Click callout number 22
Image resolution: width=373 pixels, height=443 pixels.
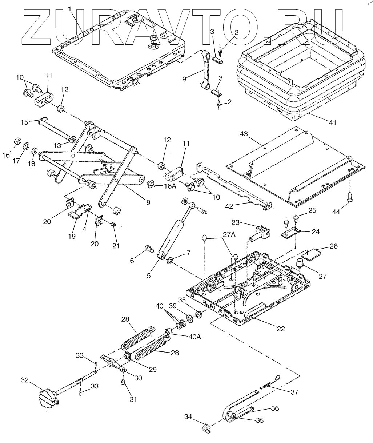click(x=280, y=329)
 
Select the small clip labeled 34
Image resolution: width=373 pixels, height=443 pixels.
click(x=206, y=429)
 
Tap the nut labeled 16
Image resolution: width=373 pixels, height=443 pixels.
click(x=17, y=141)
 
